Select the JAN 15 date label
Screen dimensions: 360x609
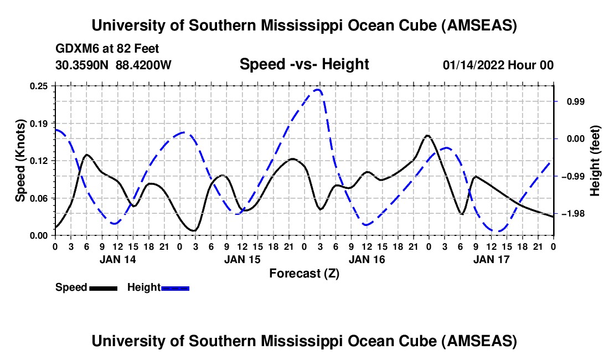tap(242, 259)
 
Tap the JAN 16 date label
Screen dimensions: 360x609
tap(367, 259)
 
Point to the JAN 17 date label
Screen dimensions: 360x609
tap(491, 259)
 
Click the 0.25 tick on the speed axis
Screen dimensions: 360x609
tap(39, 86)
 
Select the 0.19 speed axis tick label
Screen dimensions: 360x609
tap(39, 123)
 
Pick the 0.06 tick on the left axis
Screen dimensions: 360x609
tap(39, 198)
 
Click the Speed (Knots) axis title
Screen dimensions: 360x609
tap(20, 160)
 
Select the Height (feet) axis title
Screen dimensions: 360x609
tap(596, 161)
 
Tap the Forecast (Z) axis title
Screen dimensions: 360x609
tap(304, 273)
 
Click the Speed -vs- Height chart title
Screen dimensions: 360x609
tap(304, 65)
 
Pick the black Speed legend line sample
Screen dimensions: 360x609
tap(102, 288)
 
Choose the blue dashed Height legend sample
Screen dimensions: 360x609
tap(175, 288)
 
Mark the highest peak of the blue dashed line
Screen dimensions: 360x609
tap(318, 89)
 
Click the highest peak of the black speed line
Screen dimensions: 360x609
tap(427, 135)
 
